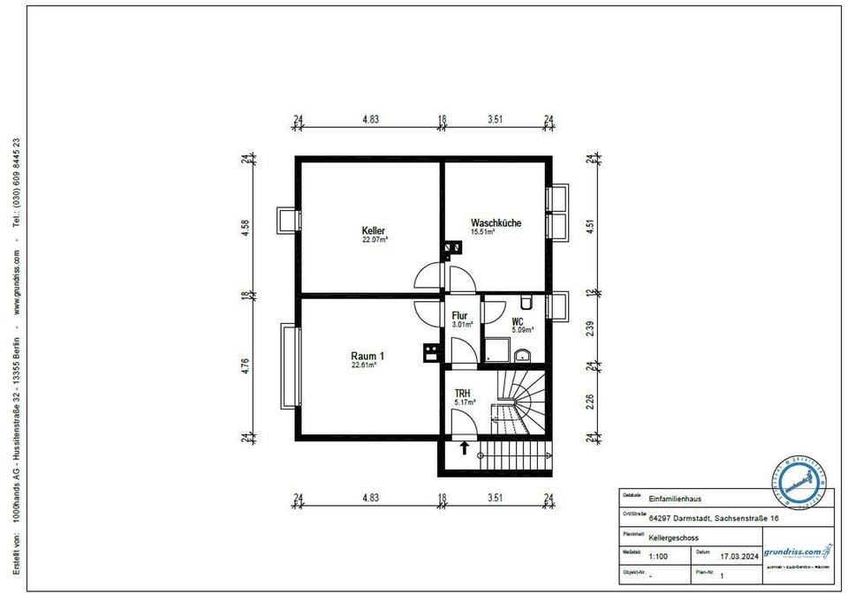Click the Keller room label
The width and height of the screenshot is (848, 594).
coord(374,230)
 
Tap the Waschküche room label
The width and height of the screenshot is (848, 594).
coord(496,223)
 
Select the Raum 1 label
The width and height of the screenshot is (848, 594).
coord(367,356)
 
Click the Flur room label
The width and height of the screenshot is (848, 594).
coord(460,315)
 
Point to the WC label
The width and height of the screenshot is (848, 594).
coord(519,322)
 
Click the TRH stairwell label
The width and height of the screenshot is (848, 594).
coord(462,394)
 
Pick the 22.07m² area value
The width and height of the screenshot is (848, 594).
coord(375,240)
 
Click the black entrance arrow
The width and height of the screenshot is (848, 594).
coord(464,448)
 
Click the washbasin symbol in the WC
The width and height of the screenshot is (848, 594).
coord(523,355)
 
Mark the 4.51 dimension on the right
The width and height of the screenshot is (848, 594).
coord(589,224)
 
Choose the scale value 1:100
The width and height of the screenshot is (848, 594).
coord(658,557)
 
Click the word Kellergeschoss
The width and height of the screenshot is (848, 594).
coord(674,538)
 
